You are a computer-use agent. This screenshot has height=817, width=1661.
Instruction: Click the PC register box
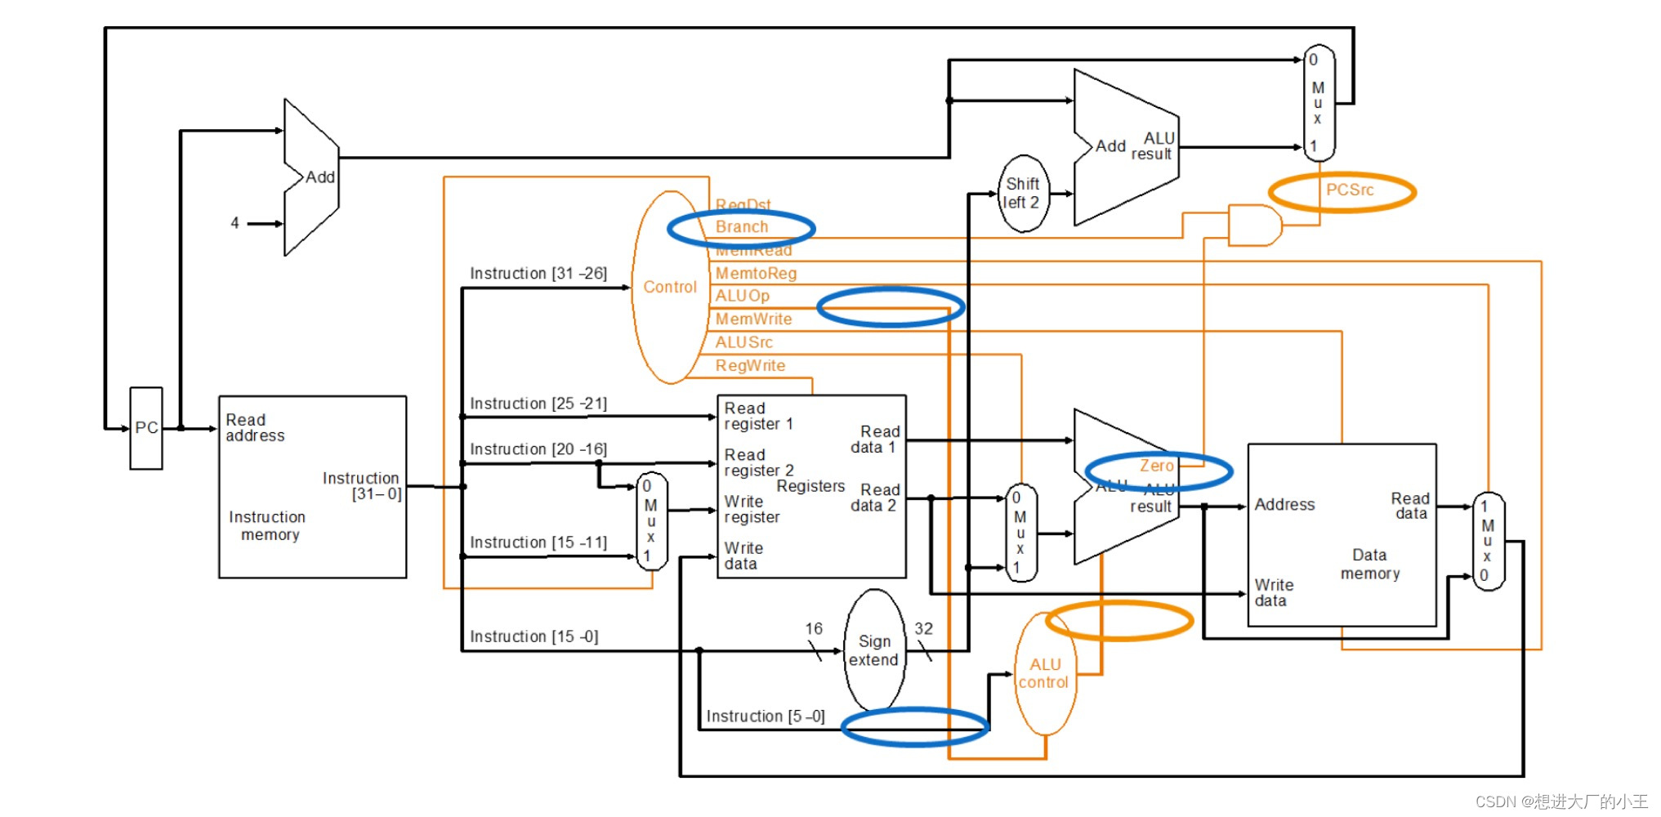(146, 428)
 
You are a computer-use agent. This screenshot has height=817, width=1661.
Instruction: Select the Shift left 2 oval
(1022, 194)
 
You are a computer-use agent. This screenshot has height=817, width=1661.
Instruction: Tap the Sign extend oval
(873, 650)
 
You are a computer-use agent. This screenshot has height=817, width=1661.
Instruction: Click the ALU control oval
(1044, 673)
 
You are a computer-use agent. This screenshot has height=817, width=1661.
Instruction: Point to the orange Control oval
(669, 287)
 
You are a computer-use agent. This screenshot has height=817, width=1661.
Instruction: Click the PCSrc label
(1349, 190)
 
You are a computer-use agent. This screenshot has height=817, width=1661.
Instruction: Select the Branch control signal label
(741, 227)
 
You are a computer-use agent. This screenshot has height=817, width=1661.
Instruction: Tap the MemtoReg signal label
(756, 274)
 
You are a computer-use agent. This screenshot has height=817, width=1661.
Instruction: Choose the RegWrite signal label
(750, 366)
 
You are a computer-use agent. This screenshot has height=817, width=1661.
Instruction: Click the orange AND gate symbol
(1253, 225)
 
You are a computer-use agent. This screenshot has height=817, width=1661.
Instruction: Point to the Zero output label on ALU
(1157, 466)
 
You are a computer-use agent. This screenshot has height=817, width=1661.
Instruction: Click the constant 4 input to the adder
(235, 223)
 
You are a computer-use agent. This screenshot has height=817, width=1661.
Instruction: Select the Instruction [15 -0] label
(534, 636)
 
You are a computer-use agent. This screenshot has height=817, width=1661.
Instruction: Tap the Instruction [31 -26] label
(538, 274)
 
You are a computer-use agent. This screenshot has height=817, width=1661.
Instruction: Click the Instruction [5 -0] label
(765, 717)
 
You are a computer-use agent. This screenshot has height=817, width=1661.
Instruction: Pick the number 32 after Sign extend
(923, 628)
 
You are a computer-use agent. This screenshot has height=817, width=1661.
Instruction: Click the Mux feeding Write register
(651, 520)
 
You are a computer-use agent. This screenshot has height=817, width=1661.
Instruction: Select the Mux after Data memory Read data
(1487, 541)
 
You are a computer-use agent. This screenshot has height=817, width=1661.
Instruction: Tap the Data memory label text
(1369, 565)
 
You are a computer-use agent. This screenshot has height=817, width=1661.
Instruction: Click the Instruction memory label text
(268, 526)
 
